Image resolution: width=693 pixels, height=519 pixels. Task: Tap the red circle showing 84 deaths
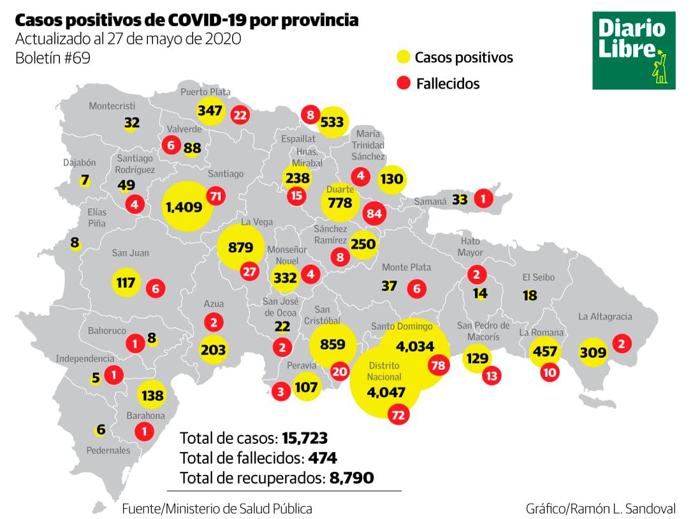coord(374,213)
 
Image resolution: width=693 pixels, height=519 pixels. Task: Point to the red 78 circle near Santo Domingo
coord(437,365)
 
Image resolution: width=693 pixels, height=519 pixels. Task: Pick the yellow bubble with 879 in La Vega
coord(241,248)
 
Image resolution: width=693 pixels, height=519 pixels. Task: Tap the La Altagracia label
coord(605,316)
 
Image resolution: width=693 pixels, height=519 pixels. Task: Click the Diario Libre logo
coord(633,50)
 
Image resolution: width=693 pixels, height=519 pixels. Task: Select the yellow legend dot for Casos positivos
coord(402,57)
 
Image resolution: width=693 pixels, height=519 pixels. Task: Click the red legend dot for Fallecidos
coord(402,83)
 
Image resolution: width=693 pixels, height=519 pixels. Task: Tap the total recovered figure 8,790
coord(351,477)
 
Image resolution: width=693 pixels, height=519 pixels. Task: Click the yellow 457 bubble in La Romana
coord(545,352)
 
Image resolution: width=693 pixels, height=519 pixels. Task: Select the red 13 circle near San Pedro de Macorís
coord(491,376)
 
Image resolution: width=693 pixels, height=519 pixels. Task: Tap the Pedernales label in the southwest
coord(108,450)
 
